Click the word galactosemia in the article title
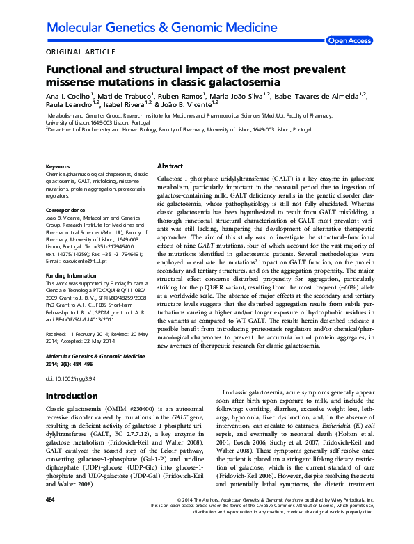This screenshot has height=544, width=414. tap(237, 83)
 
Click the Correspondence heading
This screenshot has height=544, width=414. tap(65, 209)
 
